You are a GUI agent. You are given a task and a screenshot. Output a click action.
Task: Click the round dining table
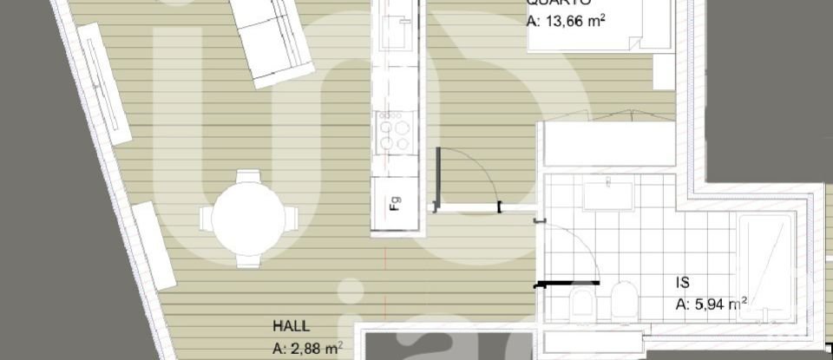tap(249, 217)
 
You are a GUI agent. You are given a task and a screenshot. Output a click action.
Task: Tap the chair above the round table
tap(247, 178)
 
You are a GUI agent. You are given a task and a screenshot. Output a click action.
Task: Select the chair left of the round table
tap(208, 218)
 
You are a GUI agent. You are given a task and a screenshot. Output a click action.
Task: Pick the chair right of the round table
tap(289, 217)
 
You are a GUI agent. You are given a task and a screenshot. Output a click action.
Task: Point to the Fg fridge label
tap(395, 205)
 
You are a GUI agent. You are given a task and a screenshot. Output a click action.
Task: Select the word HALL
tap(292, 327)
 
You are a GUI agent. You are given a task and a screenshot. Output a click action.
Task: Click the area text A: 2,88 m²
tap(307, 349)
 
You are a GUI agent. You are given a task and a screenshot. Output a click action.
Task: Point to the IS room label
tap(683, 282)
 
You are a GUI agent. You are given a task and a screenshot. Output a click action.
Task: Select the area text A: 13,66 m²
tap(566, 21)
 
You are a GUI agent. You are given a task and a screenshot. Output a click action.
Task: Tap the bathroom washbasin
tap(613, 195)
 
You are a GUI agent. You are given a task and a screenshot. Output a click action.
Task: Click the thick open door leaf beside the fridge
tap(439, 178)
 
